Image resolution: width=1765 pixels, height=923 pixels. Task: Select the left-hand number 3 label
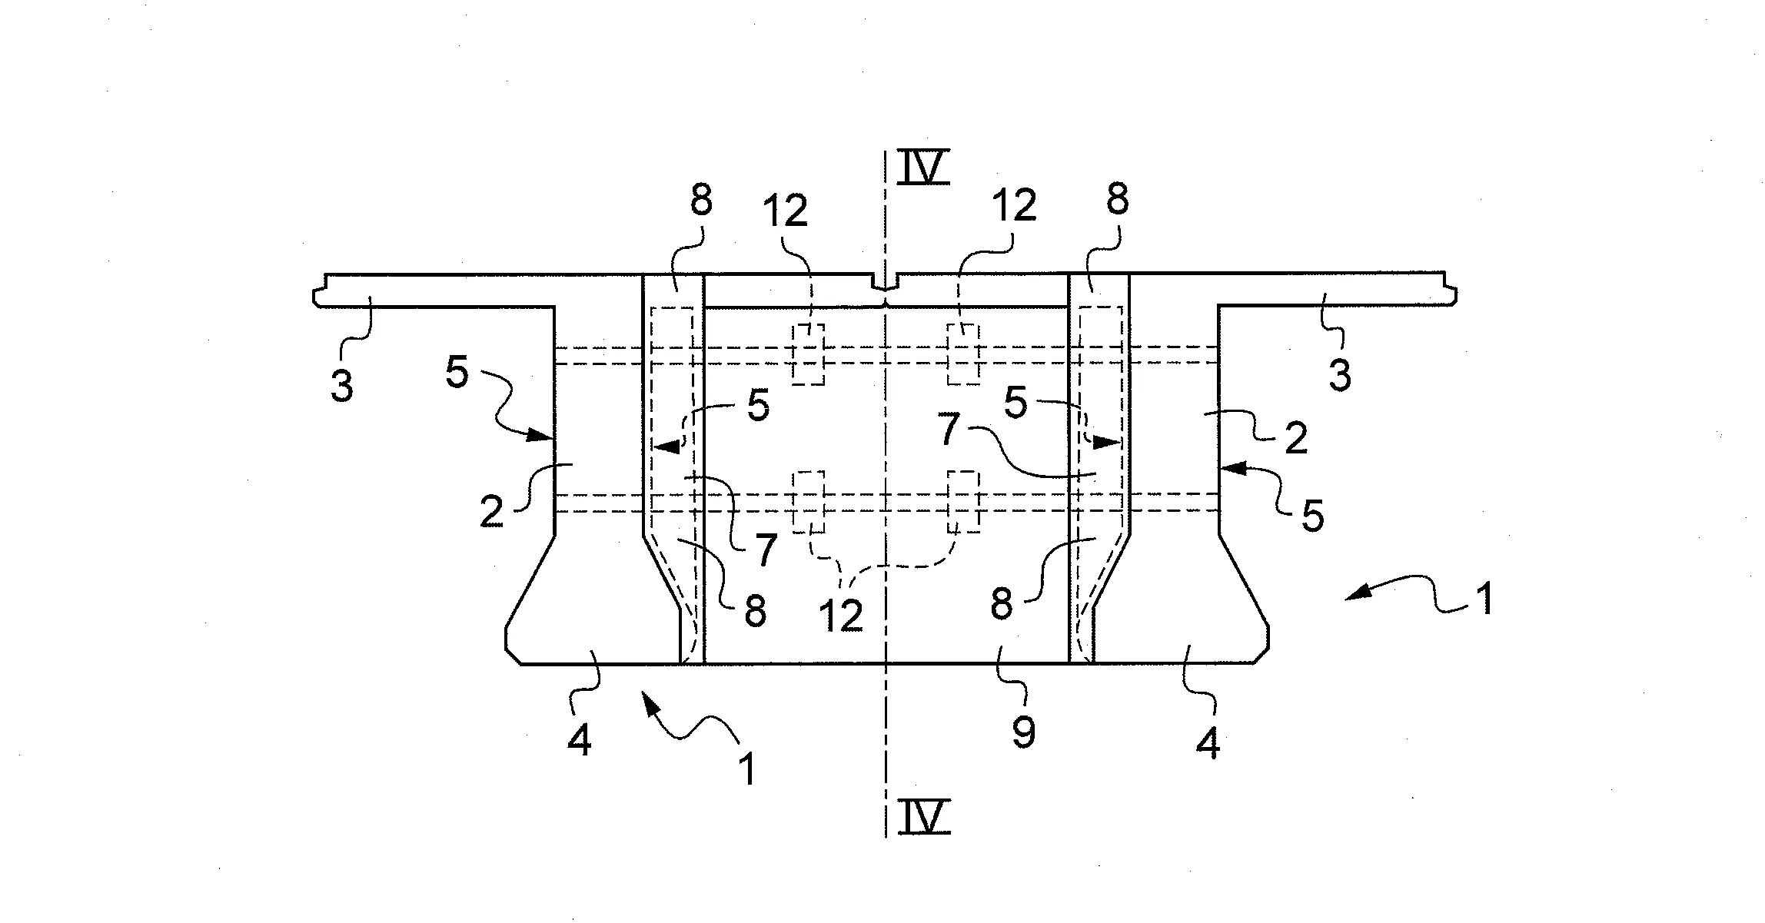tap(342, 384)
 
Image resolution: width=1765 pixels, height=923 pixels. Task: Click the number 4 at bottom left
tap(579, 741)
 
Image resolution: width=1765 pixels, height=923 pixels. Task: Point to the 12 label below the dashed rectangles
tap(842, 615)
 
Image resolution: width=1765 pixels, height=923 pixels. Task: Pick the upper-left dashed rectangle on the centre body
tap(809, 354)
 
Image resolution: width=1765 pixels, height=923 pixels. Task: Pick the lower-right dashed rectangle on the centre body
tap(964, 501)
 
